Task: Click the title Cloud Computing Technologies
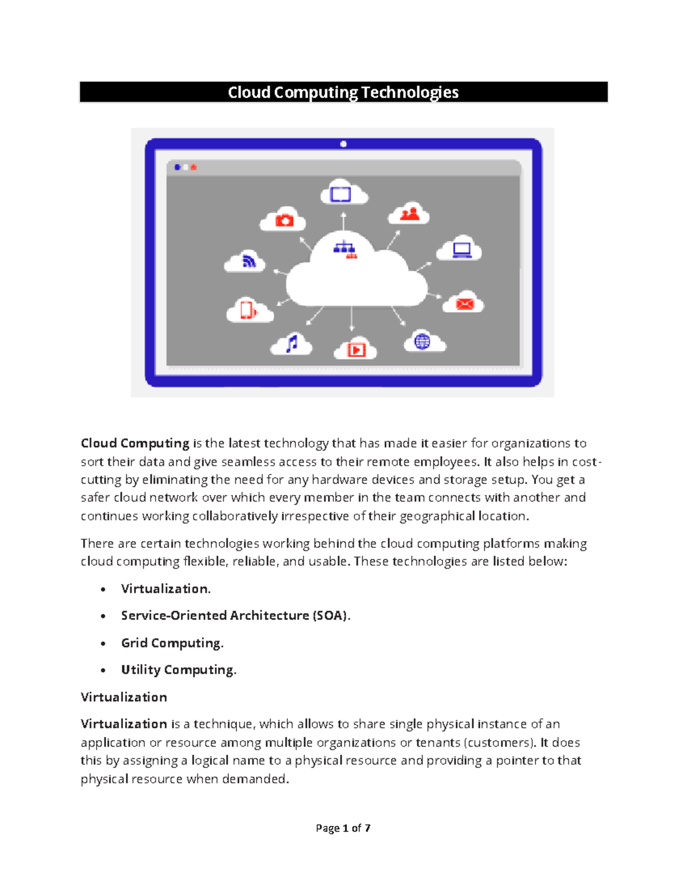(x=343, y=92)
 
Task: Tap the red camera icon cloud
(x=284, y=221)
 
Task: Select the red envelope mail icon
(x=465, y=303)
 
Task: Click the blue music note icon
(x=292, y=343)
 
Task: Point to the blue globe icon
(x=423, y=342)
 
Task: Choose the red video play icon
(x=356, y=350)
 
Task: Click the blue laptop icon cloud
(x=461, y=250)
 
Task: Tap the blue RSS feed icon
(x=248, y=261)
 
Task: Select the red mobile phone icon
(x=247, y=310)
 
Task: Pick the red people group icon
(x=410, y=214)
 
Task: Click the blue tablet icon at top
(x=341, y=194)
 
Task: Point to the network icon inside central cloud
(x=345, y=249)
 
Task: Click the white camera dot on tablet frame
(x=343, y=144)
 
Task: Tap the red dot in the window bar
(x=194, y=167)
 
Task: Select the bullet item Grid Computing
(x=172, y=643)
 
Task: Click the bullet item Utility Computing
(x=178, y=670)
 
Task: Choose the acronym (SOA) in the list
(x=330, y=615)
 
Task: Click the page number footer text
(x=343, y=828)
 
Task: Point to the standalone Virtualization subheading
(x=124, y=697)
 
